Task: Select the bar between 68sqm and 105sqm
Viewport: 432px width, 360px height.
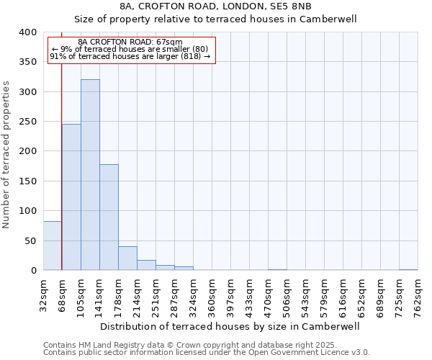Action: (71, 197)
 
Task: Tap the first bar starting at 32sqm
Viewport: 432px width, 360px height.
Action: (53, 246)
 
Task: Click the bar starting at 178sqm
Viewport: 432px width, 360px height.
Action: (127, 258)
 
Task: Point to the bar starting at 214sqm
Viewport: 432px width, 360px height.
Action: (146, 265)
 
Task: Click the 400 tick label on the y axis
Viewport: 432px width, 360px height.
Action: (27, 32)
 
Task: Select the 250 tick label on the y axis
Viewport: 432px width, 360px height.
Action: (27, 122)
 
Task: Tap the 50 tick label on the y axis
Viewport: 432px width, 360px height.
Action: (30, 240)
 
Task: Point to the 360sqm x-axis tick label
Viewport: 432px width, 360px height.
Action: (212, 297)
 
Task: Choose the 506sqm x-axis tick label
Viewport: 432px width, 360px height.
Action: (287, 297)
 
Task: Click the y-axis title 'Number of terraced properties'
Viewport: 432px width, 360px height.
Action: (6, 155)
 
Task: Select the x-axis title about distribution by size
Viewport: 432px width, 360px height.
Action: (230, 326)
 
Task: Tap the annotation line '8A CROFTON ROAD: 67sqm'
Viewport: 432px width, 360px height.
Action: (130, 42)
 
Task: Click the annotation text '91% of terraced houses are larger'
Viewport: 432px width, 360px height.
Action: (130, 56)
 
